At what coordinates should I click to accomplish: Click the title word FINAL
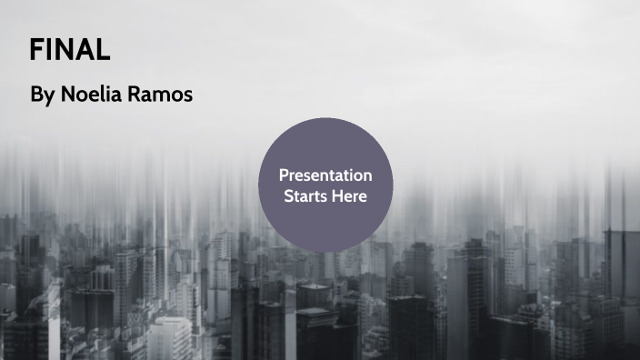(69, 49)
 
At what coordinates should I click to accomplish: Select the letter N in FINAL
(63, 49)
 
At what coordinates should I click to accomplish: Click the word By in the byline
(42, 95)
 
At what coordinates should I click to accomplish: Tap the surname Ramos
(163, 95)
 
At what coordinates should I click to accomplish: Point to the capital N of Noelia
(68, 95)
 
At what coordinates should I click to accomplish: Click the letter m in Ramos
(165, 95)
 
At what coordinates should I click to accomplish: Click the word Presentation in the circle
(325, 175)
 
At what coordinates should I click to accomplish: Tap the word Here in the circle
(350, 195)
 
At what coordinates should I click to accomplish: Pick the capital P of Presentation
(284, 175)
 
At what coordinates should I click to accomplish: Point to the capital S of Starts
(288, 195)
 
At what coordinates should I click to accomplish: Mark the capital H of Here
(338, 195)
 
